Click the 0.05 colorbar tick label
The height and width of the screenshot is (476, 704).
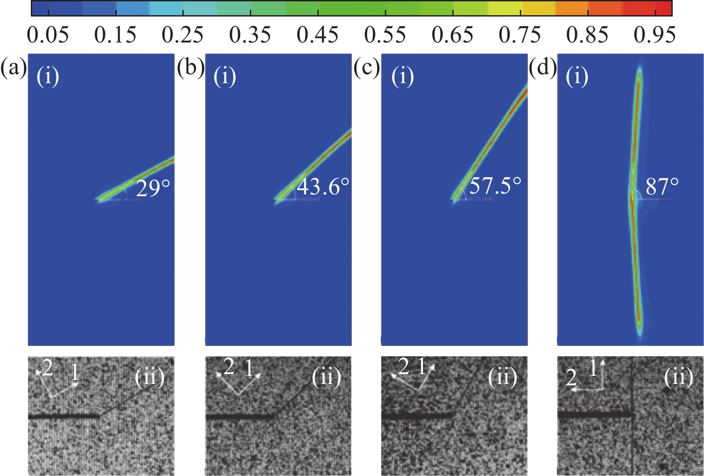pos(48,35)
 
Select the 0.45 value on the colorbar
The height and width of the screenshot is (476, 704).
pos(317,35)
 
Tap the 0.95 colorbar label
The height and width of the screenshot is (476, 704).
pos(654,35)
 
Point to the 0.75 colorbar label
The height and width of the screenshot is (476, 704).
pos(520,35)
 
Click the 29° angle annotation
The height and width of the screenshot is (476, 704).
pos(153,188)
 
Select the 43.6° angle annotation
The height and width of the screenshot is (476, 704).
pos(323,186)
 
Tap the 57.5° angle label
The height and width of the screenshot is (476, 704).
pos(495,185)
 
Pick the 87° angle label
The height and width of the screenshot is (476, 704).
pos(662,186)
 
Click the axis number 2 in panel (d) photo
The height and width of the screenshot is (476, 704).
pos(571,378)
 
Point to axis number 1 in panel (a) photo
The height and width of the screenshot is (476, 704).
pos(75,372)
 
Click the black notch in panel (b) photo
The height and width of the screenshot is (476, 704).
pos(240,417)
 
